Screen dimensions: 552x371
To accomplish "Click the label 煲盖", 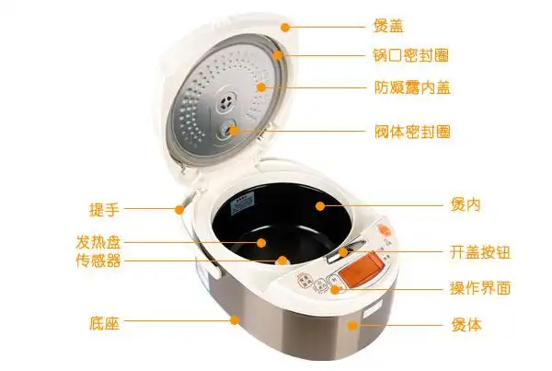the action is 388,27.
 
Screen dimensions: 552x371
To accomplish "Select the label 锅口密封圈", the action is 411,55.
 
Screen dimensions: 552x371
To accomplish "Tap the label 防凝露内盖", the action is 412,87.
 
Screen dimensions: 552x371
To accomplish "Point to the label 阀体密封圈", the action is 412,132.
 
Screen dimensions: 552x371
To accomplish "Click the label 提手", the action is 105,210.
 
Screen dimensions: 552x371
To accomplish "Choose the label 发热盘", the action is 98,242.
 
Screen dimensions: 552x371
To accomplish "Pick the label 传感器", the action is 98,261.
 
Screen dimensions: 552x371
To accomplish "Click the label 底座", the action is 105,323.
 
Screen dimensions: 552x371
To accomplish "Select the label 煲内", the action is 466,204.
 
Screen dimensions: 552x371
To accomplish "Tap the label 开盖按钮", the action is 480,252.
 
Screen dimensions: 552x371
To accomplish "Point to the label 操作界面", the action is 480,288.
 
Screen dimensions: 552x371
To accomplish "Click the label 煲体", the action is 466,324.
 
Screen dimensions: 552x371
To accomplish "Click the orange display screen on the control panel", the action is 361,269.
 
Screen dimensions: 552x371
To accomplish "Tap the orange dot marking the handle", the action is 179,210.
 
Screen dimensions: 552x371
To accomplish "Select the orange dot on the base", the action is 236,320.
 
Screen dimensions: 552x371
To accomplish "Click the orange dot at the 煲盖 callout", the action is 285,27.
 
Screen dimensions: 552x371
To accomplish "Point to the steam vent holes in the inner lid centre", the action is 227,101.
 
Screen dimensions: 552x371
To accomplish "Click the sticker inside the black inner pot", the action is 242,206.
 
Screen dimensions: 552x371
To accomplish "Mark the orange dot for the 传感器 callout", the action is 282,261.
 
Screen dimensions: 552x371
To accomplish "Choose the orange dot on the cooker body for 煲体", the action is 352,325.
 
